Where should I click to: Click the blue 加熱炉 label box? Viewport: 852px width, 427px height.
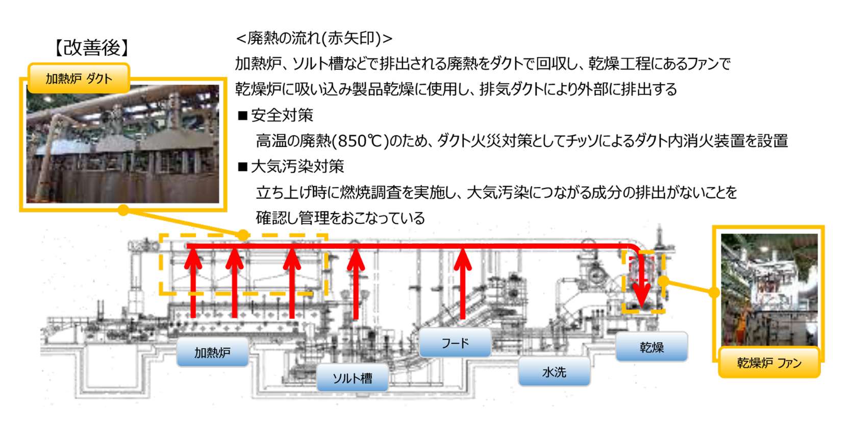[x=212, y=352]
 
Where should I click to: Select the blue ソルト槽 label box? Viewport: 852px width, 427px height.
[x=352, y=378]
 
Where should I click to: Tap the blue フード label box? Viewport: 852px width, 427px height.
[x=455, y=343]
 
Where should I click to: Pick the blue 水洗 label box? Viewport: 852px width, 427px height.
[x=554, y=372]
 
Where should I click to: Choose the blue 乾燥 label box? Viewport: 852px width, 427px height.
[x=651, y=347]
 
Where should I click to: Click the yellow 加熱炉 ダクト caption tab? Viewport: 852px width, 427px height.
[x=79, y=78]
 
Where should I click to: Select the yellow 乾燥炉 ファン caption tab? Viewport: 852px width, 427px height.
[x=769, y=363]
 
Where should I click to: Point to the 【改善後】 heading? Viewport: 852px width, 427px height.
[x=92, y=48]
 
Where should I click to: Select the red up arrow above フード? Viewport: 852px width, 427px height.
[x=463, y=283]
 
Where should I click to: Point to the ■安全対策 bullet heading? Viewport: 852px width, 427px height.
[x=276, y=115]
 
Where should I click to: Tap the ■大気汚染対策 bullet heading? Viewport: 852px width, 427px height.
[x=291, y=167]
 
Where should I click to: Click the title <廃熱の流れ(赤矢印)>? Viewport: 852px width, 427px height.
[x=314, y=38]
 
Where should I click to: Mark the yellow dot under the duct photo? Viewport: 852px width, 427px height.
[x=123, y=210]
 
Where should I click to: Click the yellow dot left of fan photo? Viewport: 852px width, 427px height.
[x=714, y=292]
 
